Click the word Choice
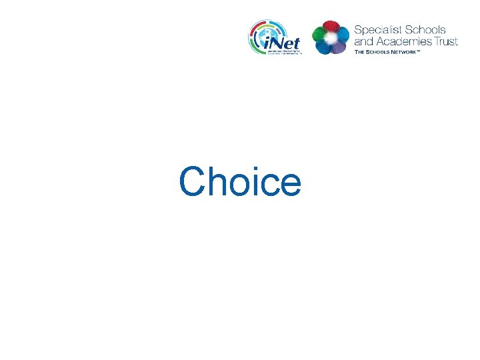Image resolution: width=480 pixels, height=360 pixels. click(240, 181)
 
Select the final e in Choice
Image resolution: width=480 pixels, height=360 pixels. click(290, 185)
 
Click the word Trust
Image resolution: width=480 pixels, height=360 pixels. click(445, 41)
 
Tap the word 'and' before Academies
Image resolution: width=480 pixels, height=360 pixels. click(364, 41)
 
